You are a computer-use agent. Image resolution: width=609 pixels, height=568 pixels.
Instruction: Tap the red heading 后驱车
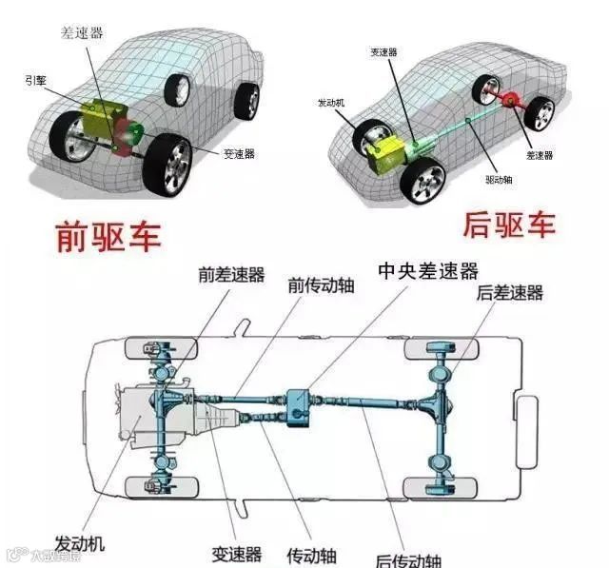point(509,225)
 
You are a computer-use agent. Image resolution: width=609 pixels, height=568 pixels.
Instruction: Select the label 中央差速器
point(427,271)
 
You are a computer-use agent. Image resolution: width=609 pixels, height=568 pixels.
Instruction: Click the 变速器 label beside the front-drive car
point(238,154)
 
